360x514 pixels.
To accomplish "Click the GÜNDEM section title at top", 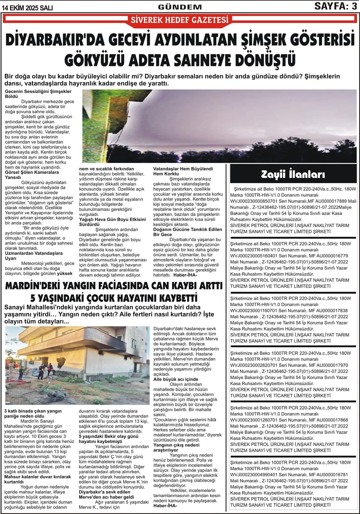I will pos(180,7).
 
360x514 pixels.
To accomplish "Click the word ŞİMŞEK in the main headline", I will pos(254,40).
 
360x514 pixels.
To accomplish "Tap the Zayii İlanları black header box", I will pos(293,175).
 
